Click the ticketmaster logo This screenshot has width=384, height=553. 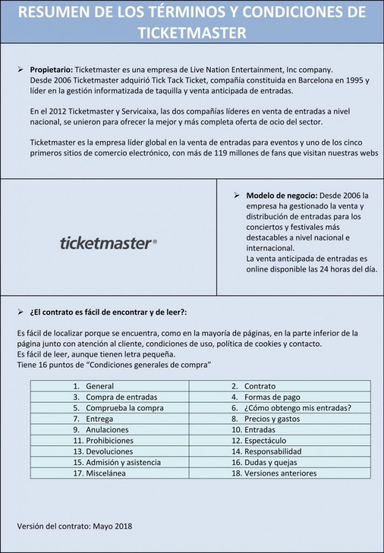pyautogui.click(x=108, y=243)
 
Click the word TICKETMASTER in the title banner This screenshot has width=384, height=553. pyautogui.click(x=192, y=32)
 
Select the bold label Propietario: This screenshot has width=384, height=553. pyautogui.click(x=51, y=70)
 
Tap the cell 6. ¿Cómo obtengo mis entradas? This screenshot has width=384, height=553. pyautogui.click(x=291, y=408)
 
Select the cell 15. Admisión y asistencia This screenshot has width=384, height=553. pyautogui.click(x=116, y=462)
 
